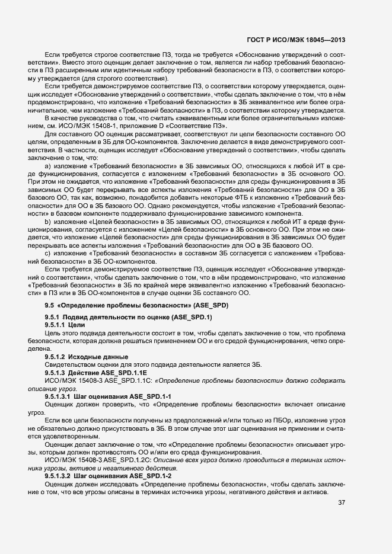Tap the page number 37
coord(342,503)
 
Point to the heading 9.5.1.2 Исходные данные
coord(86,356)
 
